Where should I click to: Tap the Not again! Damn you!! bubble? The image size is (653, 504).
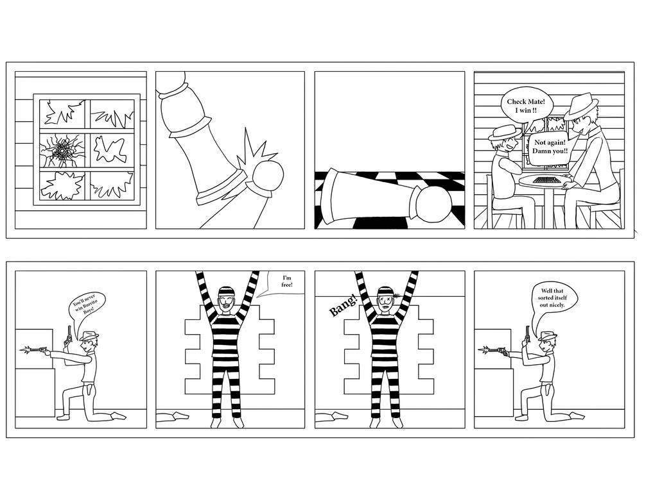pos(549,146)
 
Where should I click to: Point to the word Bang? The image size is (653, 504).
pos(343,305)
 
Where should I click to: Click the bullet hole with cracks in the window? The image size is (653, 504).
pos(62,150)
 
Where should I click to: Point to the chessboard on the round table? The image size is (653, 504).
pos(546,180)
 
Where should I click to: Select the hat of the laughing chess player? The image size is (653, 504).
pos(505,132)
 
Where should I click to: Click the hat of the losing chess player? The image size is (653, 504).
pos(583,106)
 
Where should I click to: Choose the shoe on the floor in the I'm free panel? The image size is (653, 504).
pos(172,416)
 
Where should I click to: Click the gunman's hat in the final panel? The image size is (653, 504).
pos(548,335)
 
